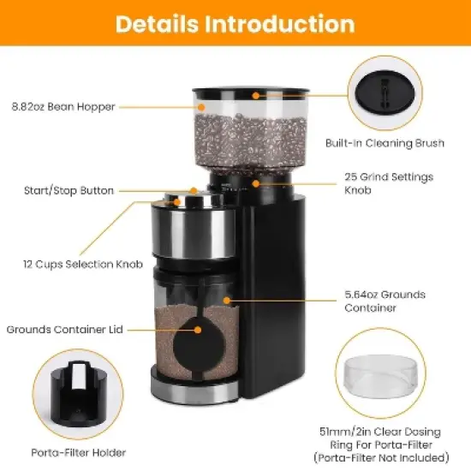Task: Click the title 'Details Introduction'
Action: click(x=235, y=23)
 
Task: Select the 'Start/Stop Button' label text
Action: click(x=69, y=190)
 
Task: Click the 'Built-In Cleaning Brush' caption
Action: click(x=385, y=143)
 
